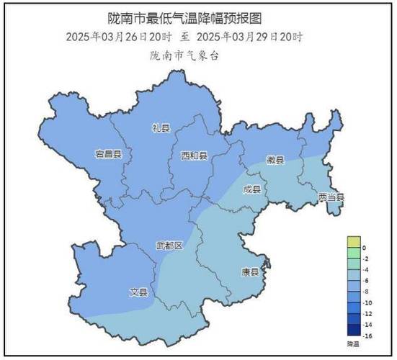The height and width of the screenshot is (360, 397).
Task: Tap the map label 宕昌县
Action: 109,154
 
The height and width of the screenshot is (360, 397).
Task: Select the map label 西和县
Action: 194,156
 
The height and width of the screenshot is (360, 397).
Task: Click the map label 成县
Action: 251,190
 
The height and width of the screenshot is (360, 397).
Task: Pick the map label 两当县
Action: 331,197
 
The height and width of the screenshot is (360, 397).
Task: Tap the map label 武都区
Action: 170,246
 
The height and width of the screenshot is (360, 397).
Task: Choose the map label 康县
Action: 249,273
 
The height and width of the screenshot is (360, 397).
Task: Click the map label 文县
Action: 138,292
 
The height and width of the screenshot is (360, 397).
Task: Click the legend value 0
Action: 365,248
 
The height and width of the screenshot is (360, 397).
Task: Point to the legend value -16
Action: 367,336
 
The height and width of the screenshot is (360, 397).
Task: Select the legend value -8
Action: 367,292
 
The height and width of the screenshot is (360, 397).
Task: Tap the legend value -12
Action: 367,314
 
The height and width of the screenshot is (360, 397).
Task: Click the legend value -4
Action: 367,269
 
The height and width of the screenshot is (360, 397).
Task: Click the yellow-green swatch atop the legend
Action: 353,242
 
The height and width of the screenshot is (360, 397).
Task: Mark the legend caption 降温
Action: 353,345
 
